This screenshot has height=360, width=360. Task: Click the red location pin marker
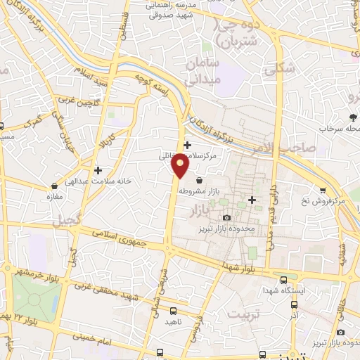181,165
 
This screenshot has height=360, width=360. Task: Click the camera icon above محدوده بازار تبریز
226,217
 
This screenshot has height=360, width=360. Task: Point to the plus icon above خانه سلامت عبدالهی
98,169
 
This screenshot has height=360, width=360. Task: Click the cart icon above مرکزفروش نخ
323,190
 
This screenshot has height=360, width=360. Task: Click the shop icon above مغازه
52,185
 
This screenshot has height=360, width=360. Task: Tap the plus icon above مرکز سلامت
186,145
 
